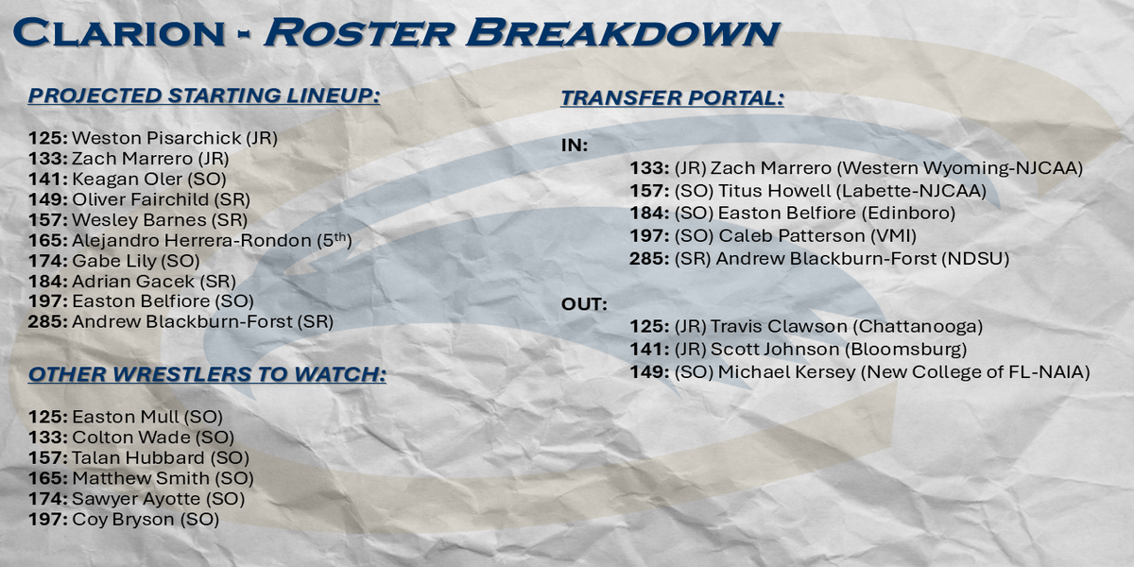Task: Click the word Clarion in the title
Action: coord(118,33)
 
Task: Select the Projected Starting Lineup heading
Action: coord(204,95)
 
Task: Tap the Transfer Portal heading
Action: coord(672,97)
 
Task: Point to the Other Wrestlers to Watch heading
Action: coord(207,374)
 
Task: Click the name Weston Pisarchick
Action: coord(157,138)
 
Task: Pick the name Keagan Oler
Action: coord(127,180)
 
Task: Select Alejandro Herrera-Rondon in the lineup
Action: coord(191,240)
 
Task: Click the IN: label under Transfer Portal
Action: coord(575,146)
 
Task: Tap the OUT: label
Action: coord(584,304)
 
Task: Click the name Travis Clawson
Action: coord(779,327)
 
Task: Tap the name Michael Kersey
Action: coord(786,372)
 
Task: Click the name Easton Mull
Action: coord(126,417)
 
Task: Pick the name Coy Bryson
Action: coord(124,520)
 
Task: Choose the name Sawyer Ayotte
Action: coord(136,499)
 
